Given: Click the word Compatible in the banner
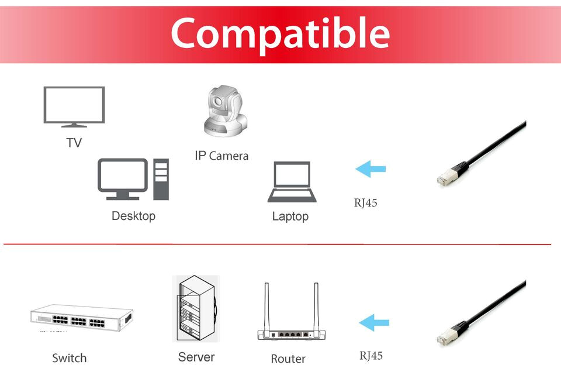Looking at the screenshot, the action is click(280, 33).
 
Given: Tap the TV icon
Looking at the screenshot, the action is click(74, 106).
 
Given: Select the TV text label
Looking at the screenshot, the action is click(74, 143).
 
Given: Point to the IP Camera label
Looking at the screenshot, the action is click(221, 156).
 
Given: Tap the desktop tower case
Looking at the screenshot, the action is click(161, 179).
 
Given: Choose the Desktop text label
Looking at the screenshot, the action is click(133, 216).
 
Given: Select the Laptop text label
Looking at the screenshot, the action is click(290, 216).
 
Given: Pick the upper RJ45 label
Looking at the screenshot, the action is click(365, 204).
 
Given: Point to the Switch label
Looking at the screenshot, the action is click(69, 358).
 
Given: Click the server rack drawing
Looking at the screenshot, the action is click(196, 309).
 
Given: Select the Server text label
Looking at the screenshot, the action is click(196, 357).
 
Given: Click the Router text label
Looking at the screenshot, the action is click(288, 359).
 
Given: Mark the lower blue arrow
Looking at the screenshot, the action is click(374, 322).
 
